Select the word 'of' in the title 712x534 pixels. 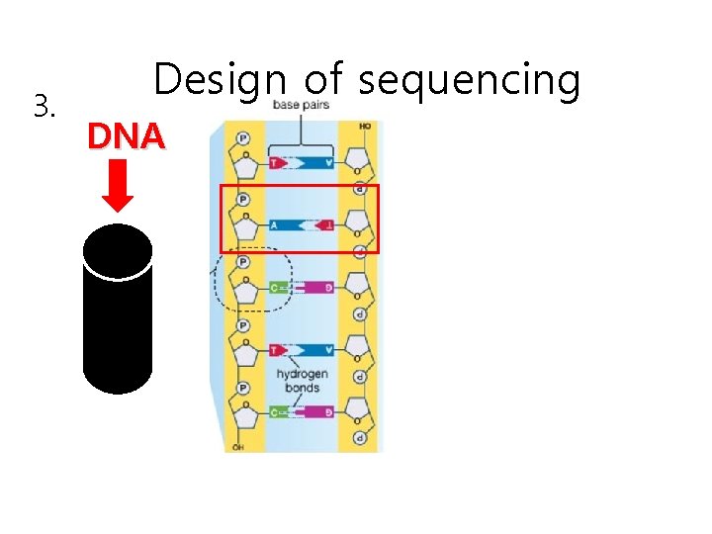[324, 79]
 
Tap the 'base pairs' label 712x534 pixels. [302, 105]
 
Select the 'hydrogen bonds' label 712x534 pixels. [302, 381]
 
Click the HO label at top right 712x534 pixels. [366, 127]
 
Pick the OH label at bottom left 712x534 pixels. [237, 447]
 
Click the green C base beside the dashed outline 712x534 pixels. [281, 288]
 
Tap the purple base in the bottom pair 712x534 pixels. [318, 411]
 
